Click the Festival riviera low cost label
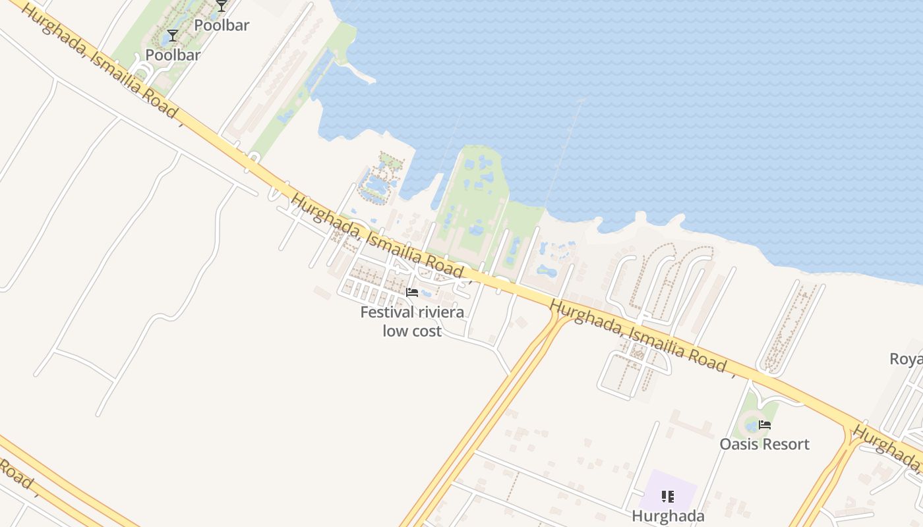pos(412,321)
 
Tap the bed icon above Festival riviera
pos(412,292)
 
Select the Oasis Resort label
pos(764,443)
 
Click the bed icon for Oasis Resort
pos(765,425)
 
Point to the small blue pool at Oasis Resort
pos(751,427)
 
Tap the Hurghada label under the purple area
pos(668,515)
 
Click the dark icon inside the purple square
pos(668,496)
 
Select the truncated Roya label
pos(906,359)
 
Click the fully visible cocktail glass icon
pos(173,36)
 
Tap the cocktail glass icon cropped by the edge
pos(222,5)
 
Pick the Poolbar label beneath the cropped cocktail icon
pos(222,25)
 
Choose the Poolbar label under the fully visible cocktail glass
pos(173,55)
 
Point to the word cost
pos(426,331)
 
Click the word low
pos(394,331)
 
